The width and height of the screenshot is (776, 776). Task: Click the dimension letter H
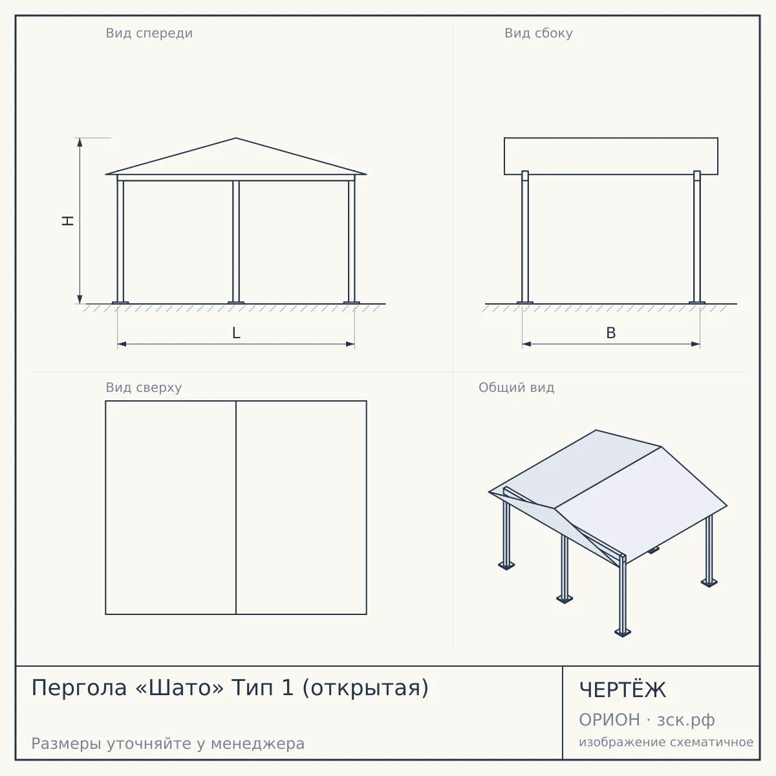[x=68, y=221]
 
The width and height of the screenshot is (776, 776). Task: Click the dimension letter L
[x=236, y=332]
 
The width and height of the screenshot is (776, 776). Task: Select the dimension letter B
[x=611, y=332]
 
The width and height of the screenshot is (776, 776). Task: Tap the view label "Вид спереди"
[x=149, y=33]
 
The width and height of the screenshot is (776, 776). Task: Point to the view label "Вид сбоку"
[x=539, y=33]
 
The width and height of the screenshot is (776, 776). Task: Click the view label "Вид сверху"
[x=144, y=387]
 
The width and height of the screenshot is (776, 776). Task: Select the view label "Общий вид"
[x=516, y=387]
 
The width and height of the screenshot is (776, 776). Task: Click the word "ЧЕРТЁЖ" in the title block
[x=623, y=690]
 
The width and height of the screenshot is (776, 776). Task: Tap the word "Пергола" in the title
[x=79, y=687]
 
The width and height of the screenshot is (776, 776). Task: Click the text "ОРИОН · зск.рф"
[x=647, y=720]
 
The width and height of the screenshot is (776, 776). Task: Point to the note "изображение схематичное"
[x=666, y=742]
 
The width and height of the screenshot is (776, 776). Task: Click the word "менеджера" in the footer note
[x=258, y=744]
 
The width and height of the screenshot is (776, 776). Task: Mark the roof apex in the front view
[x=236, y=138]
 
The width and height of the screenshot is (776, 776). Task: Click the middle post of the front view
[x=236, y=242]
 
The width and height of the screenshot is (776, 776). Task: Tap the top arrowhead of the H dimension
[x=80, y=142]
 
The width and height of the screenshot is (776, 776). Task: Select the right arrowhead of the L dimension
[x=350, y=344]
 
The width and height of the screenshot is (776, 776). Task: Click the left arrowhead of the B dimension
[x=526, y=344]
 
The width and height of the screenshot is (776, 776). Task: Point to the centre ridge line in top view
[x=236, y=508]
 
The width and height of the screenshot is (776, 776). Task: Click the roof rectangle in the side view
[x=611, y=138]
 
